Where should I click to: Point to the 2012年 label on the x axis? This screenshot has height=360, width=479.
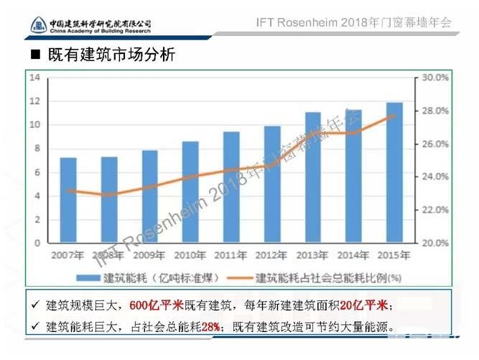click(271, 254)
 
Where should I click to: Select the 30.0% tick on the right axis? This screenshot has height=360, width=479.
click(434, 78)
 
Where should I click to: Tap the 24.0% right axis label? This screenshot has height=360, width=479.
click(434, 177)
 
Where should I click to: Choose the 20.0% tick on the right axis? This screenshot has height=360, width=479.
click(434, 243)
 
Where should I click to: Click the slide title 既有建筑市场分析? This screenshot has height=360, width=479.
click(111, 55)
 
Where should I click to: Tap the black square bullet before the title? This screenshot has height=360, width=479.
click(35, 55)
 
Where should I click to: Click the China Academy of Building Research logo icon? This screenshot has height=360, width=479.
click(39, 25)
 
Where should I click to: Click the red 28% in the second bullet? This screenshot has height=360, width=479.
click(210, 327)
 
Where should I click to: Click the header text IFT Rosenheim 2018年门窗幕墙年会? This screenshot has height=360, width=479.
click(353, 22)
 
